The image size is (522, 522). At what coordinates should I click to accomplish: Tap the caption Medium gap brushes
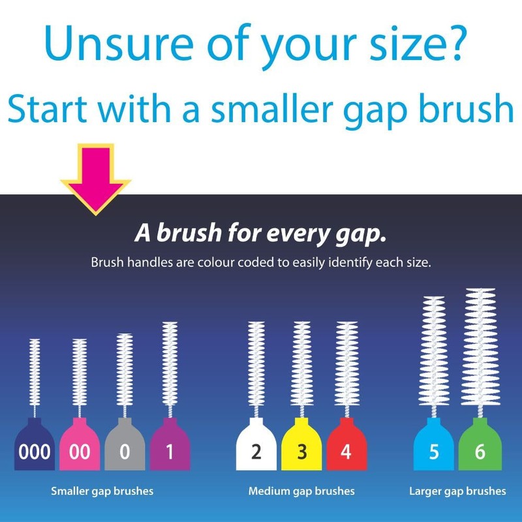pos(301,491)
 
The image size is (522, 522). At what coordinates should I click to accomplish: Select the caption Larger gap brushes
pos(457,491)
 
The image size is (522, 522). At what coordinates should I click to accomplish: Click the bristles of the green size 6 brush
pos(481,346)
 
